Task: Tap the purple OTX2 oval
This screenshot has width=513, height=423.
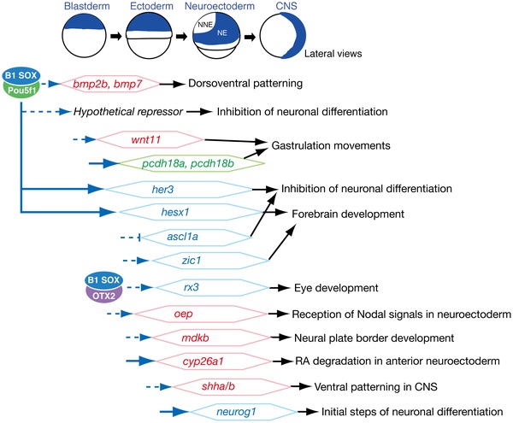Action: click(103, 295)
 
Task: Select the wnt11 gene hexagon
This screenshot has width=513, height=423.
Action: click(150, 140)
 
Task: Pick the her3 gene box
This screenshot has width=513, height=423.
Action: click(179, 189)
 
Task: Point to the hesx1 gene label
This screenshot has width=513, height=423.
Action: click(175, 212)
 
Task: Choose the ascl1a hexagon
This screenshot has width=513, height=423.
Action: click(197, 237)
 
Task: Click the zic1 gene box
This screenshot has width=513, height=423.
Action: click(210, 261)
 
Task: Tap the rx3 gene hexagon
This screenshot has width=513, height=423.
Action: click(212, 288)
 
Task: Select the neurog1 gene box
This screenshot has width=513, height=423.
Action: click(244, 412)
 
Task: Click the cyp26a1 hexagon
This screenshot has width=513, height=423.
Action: click(214, 361)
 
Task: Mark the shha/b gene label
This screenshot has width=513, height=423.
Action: click(218, 386)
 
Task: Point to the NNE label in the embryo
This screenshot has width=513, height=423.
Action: click(205, 25)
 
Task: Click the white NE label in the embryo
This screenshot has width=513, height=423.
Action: click(222, 32)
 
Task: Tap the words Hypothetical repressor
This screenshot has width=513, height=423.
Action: click(128, 112)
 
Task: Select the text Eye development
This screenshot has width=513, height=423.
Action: click(336, 288)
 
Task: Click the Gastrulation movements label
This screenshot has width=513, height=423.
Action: click(331, 145)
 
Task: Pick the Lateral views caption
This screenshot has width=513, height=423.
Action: click(333, 54)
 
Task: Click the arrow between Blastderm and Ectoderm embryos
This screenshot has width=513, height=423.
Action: click(115, 36)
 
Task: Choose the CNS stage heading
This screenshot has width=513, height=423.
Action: click(286, 6)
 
